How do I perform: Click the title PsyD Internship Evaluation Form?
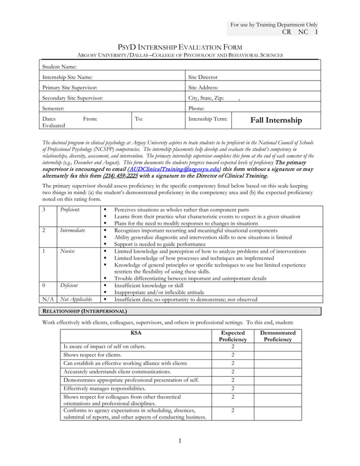coord(179,47)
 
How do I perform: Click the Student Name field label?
coord(60,67)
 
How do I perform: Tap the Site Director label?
coord(203,77)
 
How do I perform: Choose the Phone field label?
coord(196,108)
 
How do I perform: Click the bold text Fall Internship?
coord(276,120)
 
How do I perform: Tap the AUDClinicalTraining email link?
coord(174,169)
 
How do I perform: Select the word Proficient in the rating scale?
coord(70,209)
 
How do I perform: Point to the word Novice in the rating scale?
coord(68,251)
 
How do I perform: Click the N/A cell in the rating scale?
coord(49,299)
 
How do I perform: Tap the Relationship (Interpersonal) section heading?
coord(85,311)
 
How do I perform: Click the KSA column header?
coord(136,333)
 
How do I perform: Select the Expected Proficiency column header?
coord(232,336)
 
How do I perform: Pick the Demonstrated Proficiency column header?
coord(278,336)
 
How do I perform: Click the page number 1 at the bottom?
coord(179,441)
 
